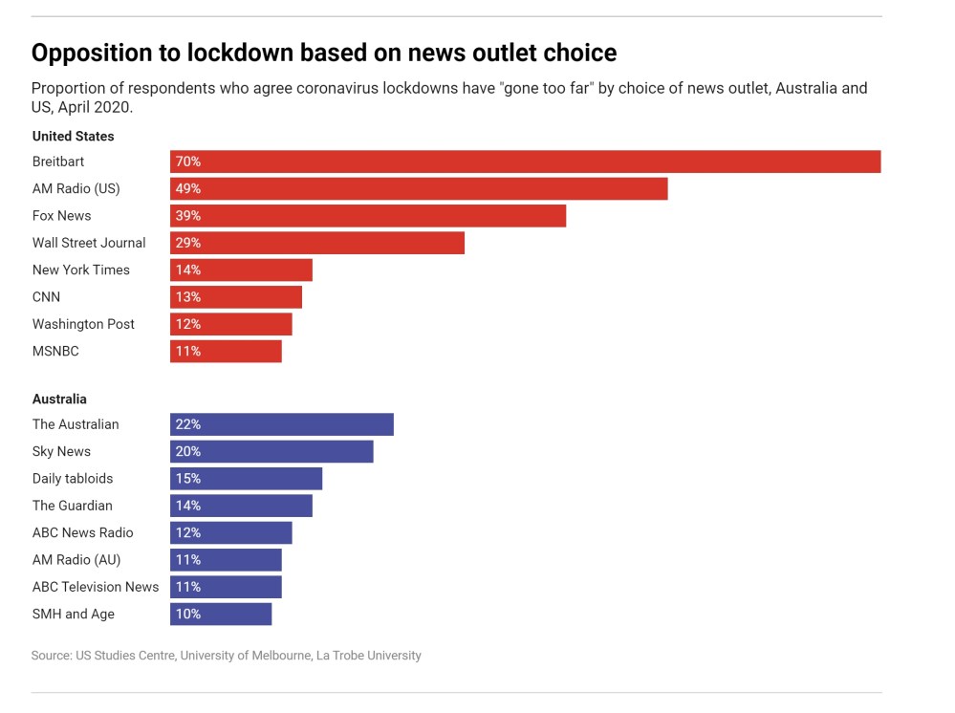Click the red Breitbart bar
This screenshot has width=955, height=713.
point(525,162)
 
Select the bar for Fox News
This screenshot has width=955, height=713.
point(368,216)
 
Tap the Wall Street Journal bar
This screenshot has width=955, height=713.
point(317,243)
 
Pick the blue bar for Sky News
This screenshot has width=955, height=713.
point(271,451)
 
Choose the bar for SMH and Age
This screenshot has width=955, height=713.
point(221,614)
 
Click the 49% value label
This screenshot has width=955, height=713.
point(188,188)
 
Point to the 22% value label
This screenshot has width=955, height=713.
point(188,424)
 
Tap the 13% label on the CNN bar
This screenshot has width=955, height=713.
point(188,297)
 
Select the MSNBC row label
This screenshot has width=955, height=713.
point(55,351)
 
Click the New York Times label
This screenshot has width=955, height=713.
point(81,270)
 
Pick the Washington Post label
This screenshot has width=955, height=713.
point(83,324)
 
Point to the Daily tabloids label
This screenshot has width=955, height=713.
point(73,478)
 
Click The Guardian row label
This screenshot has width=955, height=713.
point(73,506)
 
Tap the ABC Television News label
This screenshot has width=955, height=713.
point(96,587)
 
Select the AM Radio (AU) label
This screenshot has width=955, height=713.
point(76,559)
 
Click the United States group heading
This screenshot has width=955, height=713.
point(73,137)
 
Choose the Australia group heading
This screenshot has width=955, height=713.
point(59,399)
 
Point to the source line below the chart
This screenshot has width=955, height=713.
point(227,656)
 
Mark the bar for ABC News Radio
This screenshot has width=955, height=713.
point(231,532)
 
